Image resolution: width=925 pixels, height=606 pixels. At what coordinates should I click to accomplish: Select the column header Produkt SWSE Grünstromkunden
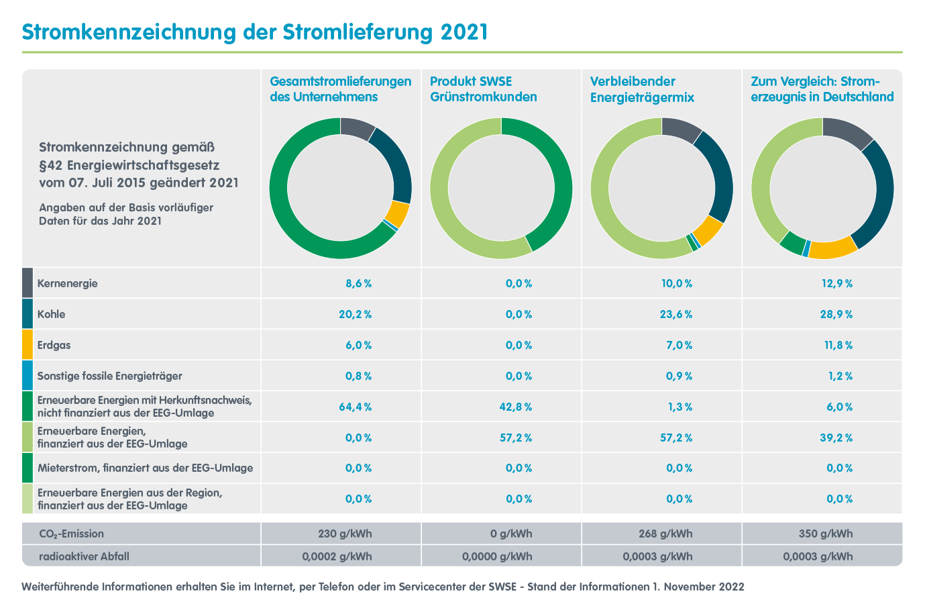(483, 89)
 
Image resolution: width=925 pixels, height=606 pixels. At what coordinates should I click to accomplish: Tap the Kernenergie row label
(67, 283)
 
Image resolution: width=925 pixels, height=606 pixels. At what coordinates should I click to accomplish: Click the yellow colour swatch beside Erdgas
(28, 345)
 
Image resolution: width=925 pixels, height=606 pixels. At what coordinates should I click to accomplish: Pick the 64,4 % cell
(358, 407)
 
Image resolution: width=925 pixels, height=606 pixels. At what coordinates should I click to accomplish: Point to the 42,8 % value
(519, 407)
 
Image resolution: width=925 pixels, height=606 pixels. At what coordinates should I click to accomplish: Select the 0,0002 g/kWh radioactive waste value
(337, 556)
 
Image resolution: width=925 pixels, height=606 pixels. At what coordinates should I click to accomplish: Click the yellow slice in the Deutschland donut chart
(832, 249)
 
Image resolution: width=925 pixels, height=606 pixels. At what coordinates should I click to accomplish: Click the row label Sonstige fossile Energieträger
(109, 376)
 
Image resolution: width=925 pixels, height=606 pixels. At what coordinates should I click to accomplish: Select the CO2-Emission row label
(71, 534)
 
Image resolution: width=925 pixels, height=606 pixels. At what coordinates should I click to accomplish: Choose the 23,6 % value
(676, 314)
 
